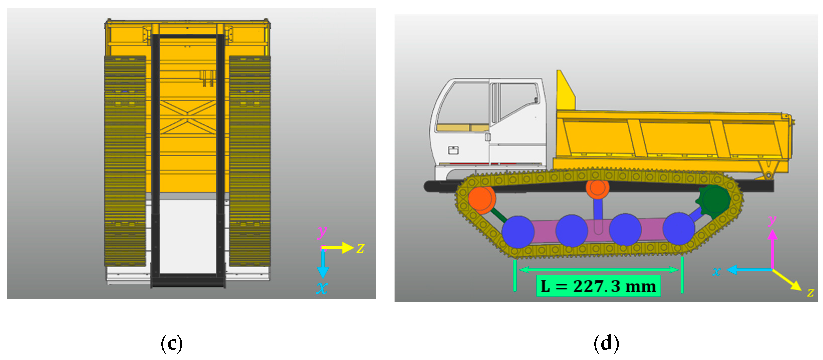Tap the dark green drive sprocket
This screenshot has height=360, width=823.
(713, 200)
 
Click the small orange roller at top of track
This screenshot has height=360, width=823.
(597, 188)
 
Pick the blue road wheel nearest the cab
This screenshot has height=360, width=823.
(518, 231)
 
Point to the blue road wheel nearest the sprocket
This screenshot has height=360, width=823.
(679, 229)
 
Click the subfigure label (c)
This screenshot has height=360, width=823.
(172, 344)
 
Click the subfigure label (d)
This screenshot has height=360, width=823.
(606, 344)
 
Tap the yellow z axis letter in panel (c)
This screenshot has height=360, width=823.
(361, 248)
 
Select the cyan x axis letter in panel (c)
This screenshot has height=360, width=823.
(322, 288)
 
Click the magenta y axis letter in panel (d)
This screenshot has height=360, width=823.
(772, 220)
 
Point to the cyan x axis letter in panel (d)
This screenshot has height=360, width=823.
(716, 272)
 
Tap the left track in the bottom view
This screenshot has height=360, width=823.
(125, 161)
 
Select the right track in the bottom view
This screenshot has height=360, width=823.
(250, 161)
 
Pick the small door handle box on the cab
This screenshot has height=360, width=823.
(453, 150)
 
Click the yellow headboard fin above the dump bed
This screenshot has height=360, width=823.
(565, 90)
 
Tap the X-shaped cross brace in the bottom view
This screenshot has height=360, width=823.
(188, 116)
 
